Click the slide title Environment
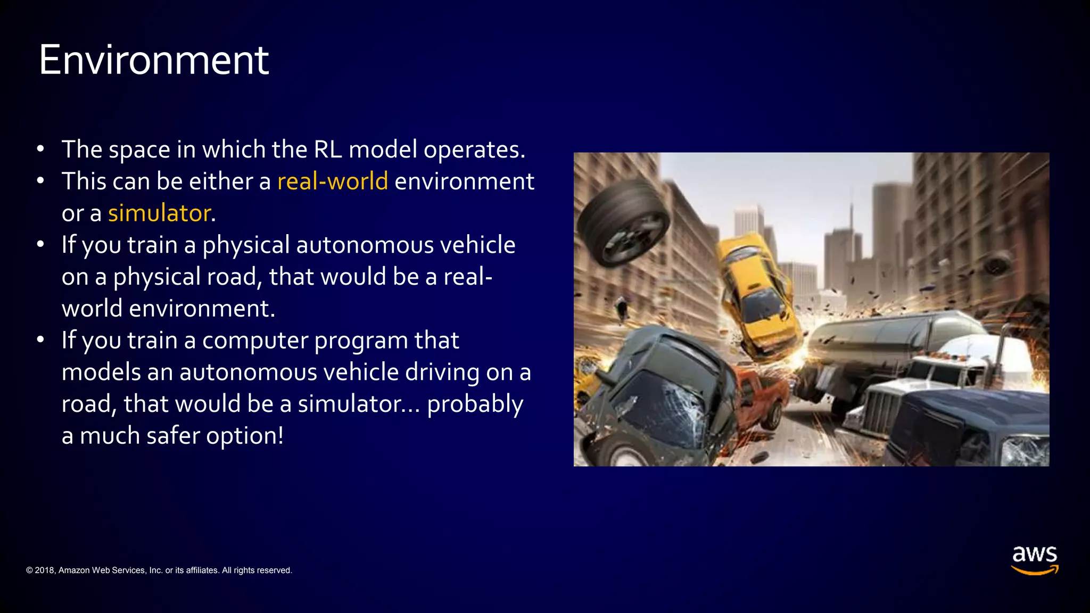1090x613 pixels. [154, 60]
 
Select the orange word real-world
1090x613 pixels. [333, 181]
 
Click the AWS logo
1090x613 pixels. [1034, 560]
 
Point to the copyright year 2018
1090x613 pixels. [45, 570]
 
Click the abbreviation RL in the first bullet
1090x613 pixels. [328, 150]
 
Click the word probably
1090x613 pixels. [475, 404]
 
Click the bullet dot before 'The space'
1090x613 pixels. [40, 150]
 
